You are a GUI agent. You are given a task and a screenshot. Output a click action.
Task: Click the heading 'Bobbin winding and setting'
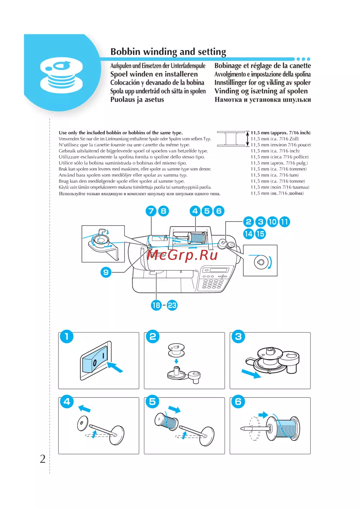[x=168, y=52]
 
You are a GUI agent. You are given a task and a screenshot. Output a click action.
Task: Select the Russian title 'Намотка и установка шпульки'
[x=262, y=100]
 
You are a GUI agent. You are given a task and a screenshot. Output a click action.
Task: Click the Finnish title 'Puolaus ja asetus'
[x=137, y=100]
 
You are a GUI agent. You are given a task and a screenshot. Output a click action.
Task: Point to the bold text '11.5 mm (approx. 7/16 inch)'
[x=280, y=133]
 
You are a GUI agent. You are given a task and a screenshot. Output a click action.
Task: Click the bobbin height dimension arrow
[x=247, y=139]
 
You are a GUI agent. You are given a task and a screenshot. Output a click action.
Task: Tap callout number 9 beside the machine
[x=106, y=272]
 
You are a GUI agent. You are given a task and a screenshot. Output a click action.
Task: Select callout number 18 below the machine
[x=156, y=305]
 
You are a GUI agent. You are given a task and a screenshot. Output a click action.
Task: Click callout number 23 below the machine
[x=172, y=305]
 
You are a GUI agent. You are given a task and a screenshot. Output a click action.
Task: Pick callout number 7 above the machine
[x=151, y=211]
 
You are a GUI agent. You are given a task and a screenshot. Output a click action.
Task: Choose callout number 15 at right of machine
[x=260, y=234]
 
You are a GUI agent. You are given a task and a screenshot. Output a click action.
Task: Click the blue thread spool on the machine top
[x=197, y=238]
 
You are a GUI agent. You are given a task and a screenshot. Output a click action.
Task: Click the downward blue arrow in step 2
[x=176, y=361]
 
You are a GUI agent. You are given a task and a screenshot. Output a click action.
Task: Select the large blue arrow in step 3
[x=251, y=374]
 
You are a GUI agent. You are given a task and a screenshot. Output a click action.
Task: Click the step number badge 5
[x=152, y=402]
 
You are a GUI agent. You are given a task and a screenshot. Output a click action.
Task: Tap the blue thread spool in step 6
[x=287, y=428]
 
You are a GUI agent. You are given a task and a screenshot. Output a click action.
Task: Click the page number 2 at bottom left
[x=42, y=459]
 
